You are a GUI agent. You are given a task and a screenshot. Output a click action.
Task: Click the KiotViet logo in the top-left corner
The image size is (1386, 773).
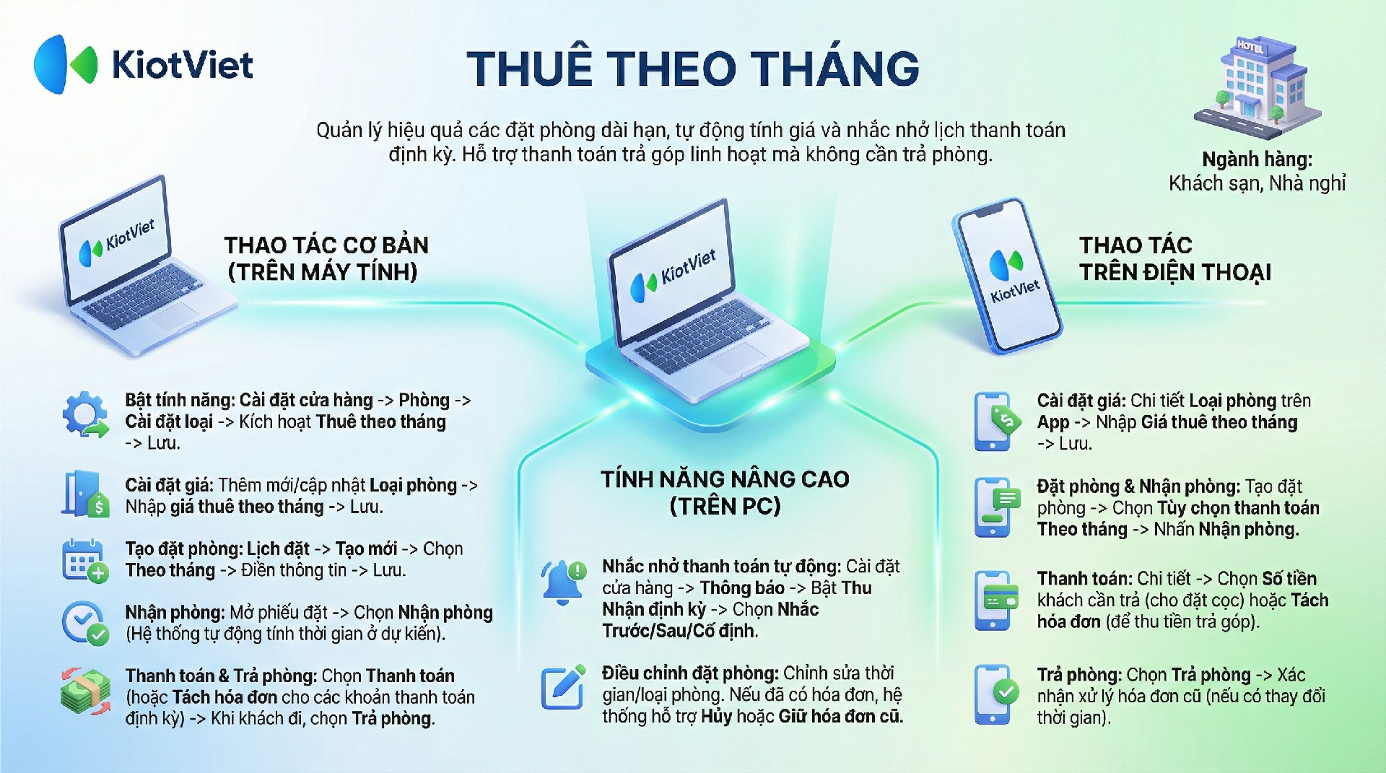(144, 64)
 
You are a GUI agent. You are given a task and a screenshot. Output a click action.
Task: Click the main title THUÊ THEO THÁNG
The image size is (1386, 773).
(693, 69)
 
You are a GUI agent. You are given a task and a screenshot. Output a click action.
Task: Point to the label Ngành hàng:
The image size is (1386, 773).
(1257, 159)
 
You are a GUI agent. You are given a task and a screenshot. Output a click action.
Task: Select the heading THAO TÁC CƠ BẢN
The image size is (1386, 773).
(326, 245)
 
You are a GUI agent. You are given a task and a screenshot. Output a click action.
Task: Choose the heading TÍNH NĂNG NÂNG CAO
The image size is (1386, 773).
(725, 479)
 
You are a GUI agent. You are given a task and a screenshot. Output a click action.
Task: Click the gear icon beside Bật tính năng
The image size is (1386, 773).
(85, 415)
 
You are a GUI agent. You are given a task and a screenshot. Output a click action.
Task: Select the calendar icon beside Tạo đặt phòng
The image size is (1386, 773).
(85, 560)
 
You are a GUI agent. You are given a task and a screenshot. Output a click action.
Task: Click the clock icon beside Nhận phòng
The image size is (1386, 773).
(85, 623)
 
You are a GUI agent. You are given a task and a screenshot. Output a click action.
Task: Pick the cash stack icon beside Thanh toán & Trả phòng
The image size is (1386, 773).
(85, 691)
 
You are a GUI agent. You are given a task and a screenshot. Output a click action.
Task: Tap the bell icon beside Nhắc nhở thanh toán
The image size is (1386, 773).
(564, 582)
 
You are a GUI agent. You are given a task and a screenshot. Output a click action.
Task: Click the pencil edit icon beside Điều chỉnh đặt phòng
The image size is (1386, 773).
(563, 686)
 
